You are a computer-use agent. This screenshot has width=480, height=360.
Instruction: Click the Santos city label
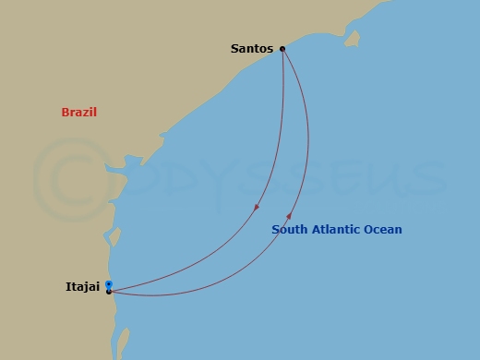pos(252,49)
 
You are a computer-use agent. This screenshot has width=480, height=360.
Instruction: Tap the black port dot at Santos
pos(282,49)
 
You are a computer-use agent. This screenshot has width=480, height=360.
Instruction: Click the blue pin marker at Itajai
pos(109,284)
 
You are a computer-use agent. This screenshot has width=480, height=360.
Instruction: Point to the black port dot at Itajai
pos(109,293)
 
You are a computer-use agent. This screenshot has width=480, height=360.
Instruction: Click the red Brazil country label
pos(79,113)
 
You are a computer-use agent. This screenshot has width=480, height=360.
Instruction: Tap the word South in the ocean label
pos(289,230)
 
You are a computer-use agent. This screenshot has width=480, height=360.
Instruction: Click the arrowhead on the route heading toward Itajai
pos(257,207)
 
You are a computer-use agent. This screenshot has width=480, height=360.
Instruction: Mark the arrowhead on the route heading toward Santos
pos(289,219)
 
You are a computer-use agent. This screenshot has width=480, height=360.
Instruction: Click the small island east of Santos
pos(352,39)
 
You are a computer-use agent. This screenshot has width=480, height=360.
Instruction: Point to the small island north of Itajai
pos(114,237)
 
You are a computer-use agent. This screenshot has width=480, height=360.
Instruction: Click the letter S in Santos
pos(234,49)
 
